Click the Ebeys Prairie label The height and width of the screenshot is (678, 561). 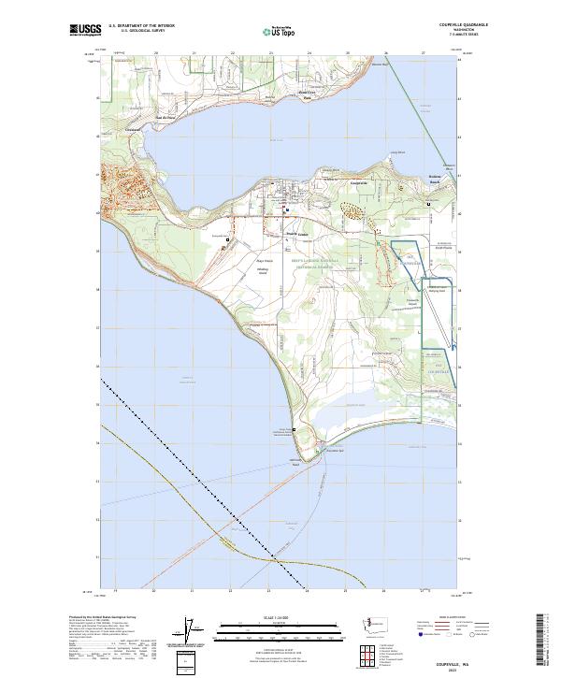[x=264, y=261]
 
